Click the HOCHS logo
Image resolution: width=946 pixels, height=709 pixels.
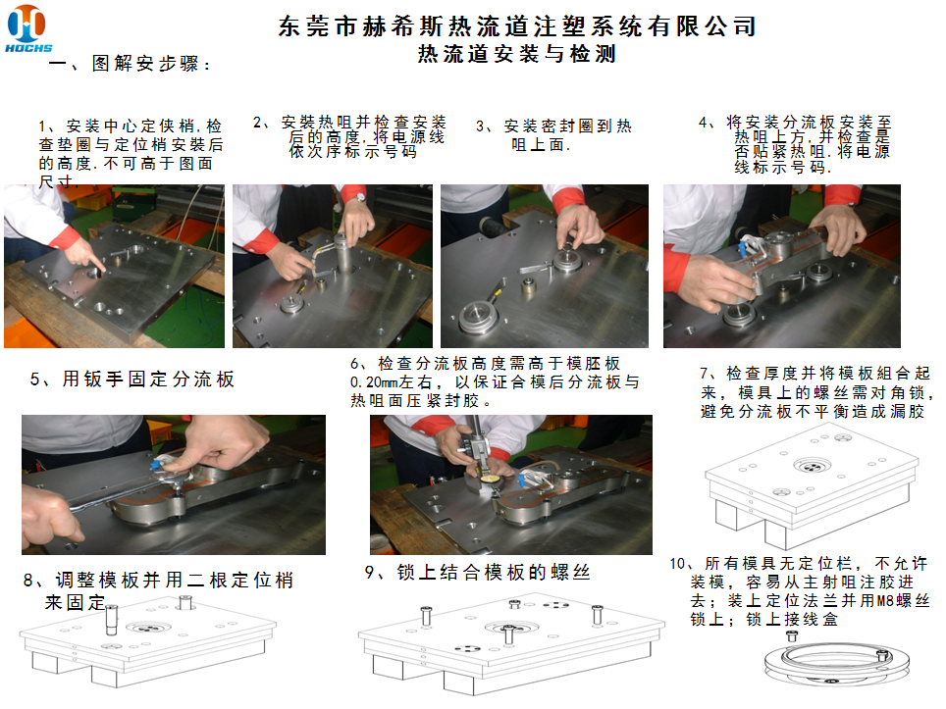pyautogui.click(x=27, y=27)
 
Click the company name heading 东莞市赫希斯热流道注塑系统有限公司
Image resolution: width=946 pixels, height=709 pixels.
pyautogui.click(x=517, y=25)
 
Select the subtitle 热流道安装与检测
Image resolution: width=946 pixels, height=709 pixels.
pyautogui.click(x=517, y=54)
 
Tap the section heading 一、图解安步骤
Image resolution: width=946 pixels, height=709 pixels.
pyautogui.click(x=130, y=63)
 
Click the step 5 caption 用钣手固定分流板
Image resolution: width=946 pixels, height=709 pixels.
pyautogui.click(x=132, y=379)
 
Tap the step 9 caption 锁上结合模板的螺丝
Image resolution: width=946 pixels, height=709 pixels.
pyautogui.click(x=477, y=572)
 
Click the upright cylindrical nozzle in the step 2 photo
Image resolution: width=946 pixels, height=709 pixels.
pyautogui.click(x=344, y=255)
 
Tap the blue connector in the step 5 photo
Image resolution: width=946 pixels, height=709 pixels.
pyautogui.click(x=157, y=464)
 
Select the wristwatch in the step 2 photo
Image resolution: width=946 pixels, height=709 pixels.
pyautogui.click(x=360, y=197)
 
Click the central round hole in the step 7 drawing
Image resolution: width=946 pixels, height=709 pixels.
pyautogui.click(x=812, y=466)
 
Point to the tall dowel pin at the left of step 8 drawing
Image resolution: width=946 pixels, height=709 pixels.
pyautogui.click(x=111, y=621)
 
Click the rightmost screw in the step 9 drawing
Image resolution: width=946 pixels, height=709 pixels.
pyautogui.click(x=597, y=615)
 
